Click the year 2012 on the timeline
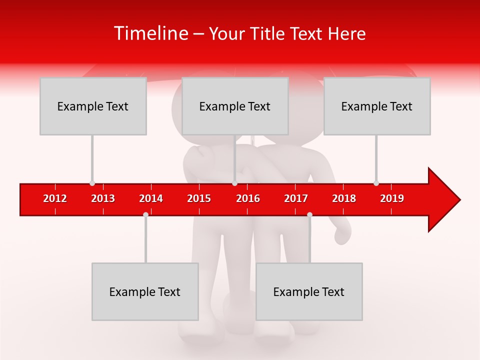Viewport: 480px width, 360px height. point(55,198)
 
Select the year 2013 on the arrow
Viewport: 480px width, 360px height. point(103,198)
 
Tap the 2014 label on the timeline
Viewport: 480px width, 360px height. point(151,198)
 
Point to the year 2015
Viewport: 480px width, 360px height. point(199,198)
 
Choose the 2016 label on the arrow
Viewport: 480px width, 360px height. point(248,198)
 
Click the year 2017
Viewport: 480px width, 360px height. point(296,198)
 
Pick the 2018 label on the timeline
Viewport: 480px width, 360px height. point(344,198)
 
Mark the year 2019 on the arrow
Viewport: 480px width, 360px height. point(392,198)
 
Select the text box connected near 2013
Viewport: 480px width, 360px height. point(93,106)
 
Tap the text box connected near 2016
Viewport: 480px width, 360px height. point(235,106)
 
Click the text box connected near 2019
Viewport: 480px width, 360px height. point(377,106)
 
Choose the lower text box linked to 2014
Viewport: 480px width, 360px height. point(145,291)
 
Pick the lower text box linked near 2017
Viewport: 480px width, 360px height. point(309,291)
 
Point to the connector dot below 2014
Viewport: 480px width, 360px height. point(145,214)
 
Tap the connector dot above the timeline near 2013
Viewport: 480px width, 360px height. point(92,183)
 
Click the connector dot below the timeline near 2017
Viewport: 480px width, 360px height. point(309,214)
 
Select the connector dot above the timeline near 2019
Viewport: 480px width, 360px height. point(376,183)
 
